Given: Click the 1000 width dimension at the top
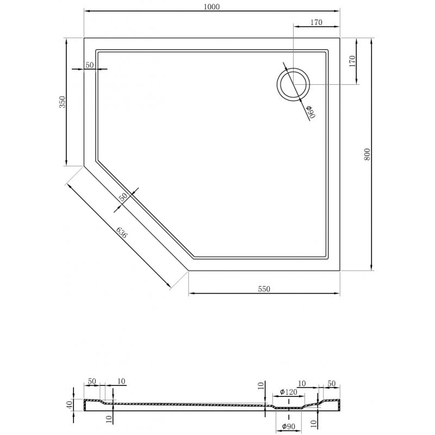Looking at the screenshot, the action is pyautogui.click(x=212, y=6).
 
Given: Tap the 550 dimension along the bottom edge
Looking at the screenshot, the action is pyautogui.click(x=264, y=289).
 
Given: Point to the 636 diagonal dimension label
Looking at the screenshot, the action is pyautogui.click(x=122, y=232).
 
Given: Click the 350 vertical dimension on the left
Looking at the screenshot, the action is pyautogui.click(x=62, y=102).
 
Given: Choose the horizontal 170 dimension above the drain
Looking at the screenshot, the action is pyautogui.click(x=316, y=22).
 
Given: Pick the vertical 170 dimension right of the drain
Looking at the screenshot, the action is pyautogui.click(x=352, y=60).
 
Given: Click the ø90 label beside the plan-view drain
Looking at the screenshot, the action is pyautogui.click(x=309, y=112).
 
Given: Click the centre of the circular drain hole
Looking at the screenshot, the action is pyautogui.click(x=293, y=85).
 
